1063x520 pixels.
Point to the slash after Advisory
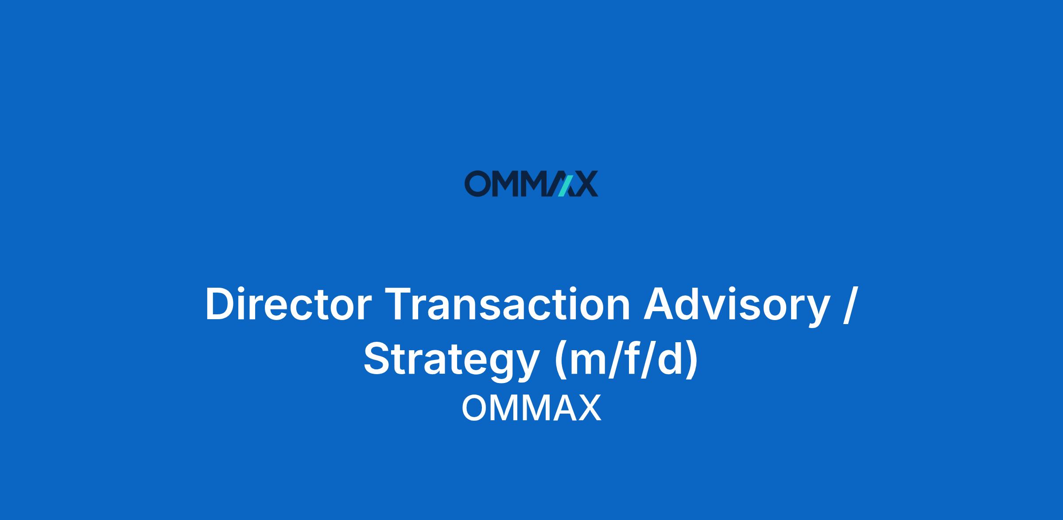coord(850,306)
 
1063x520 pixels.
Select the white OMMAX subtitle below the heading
coord(531,408)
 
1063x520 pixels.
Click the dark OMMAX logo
coord(531,184)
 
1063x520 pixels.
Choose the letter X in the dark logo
coord(585,184)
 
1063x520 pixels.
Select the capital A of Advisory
coord(660,304)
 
